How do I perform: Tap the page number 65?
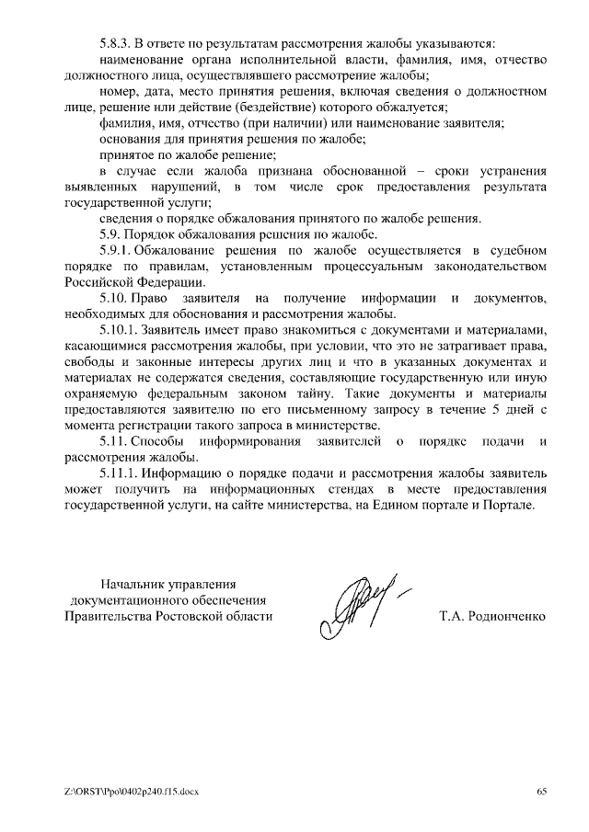coord(542,791)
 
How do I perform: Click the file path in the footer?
coord(125,791)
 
